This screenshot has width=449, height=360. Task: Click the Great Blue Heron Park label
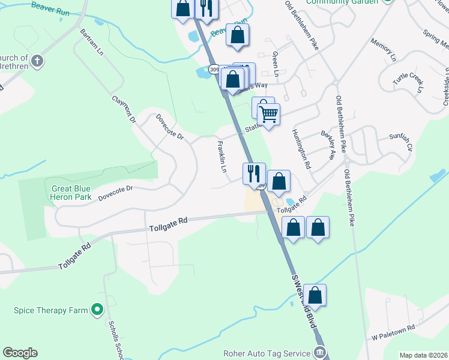coord(75,193)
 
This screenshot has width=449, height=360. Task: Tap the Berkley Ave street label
coord(327,146)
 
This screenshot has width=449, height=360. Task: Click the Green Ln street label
coord(276,64)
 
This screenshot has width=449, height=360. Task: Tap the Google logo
coord(20,353)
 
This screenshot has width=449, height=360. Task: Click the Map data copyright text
coord(424,355)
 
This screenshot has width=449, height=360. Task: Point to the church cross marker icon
coord(37,61)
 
